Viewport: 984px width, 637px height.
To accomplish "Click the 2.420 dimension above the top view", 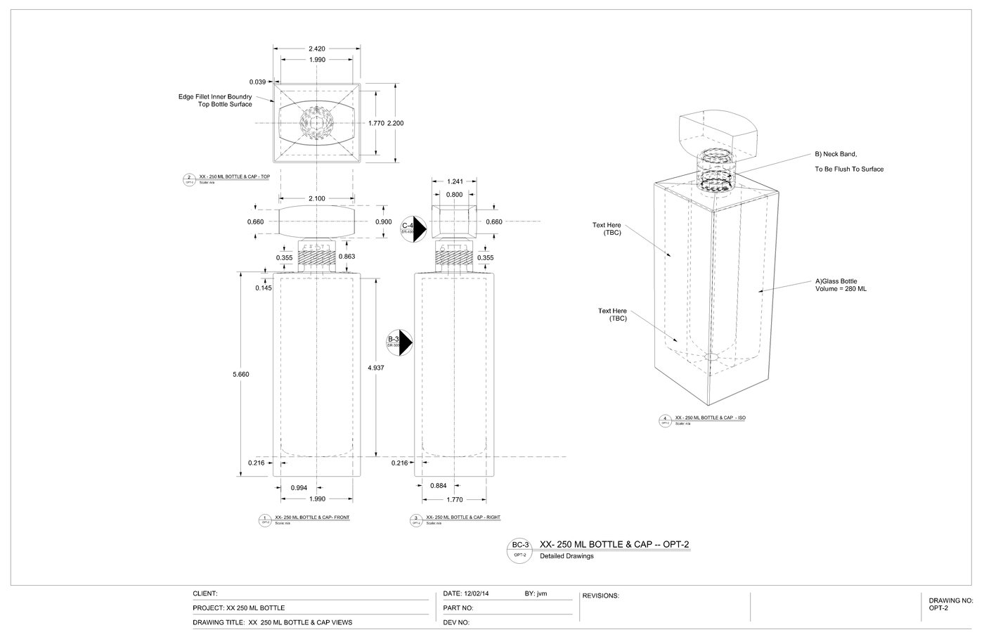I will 317,49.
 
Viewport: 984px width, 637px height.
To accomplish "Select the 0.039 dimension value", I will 257,82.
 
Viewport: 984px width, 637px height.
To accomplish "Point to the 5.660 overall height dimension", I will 241,374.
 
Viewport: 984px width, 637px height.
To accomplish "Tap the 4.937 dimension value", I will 376,368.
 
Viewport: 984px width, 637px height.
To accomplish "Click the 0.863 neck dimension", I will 347,257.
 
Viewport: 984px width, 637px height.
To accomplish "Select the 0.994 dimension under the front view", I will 299,487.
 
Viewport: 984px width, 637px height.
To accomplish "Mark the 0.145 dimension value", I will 264,288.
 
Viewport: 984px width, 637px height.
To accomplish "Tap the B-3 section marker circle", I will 397,342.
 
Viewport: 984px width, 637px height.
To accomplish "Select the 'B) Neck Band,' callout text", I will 836,154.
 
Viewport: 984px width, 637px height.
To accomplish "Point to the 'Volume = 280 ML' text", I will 841,289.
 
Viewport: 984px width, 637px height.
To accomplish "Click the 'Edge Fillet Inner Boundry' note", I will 214,96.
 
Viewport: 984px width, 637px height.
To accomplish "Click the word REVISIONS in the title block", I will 600,596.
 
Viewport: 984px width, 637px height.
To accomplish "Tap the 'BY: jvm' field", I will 536,593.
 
